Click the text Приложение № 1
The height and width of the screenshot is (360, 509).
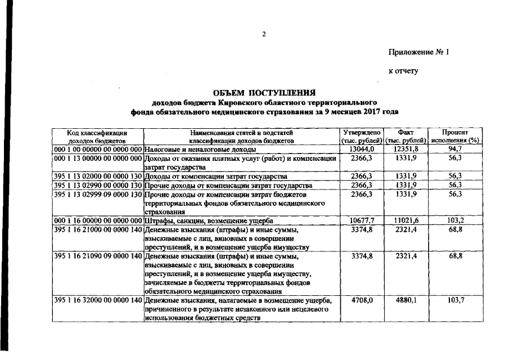[420, 52]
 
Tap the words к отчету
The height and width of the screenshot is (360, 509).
[404, 71]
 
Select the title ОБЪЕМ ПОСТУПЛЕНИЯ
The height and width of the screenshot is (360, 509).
[264, 93]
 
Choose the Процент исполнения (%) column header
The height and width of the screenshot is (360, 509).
[455, 136]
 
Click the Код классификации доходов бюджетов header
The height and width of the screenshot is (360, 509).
[97, 136]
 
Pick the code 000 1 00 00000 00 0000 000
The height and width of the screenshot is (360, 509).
[97, 150]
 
